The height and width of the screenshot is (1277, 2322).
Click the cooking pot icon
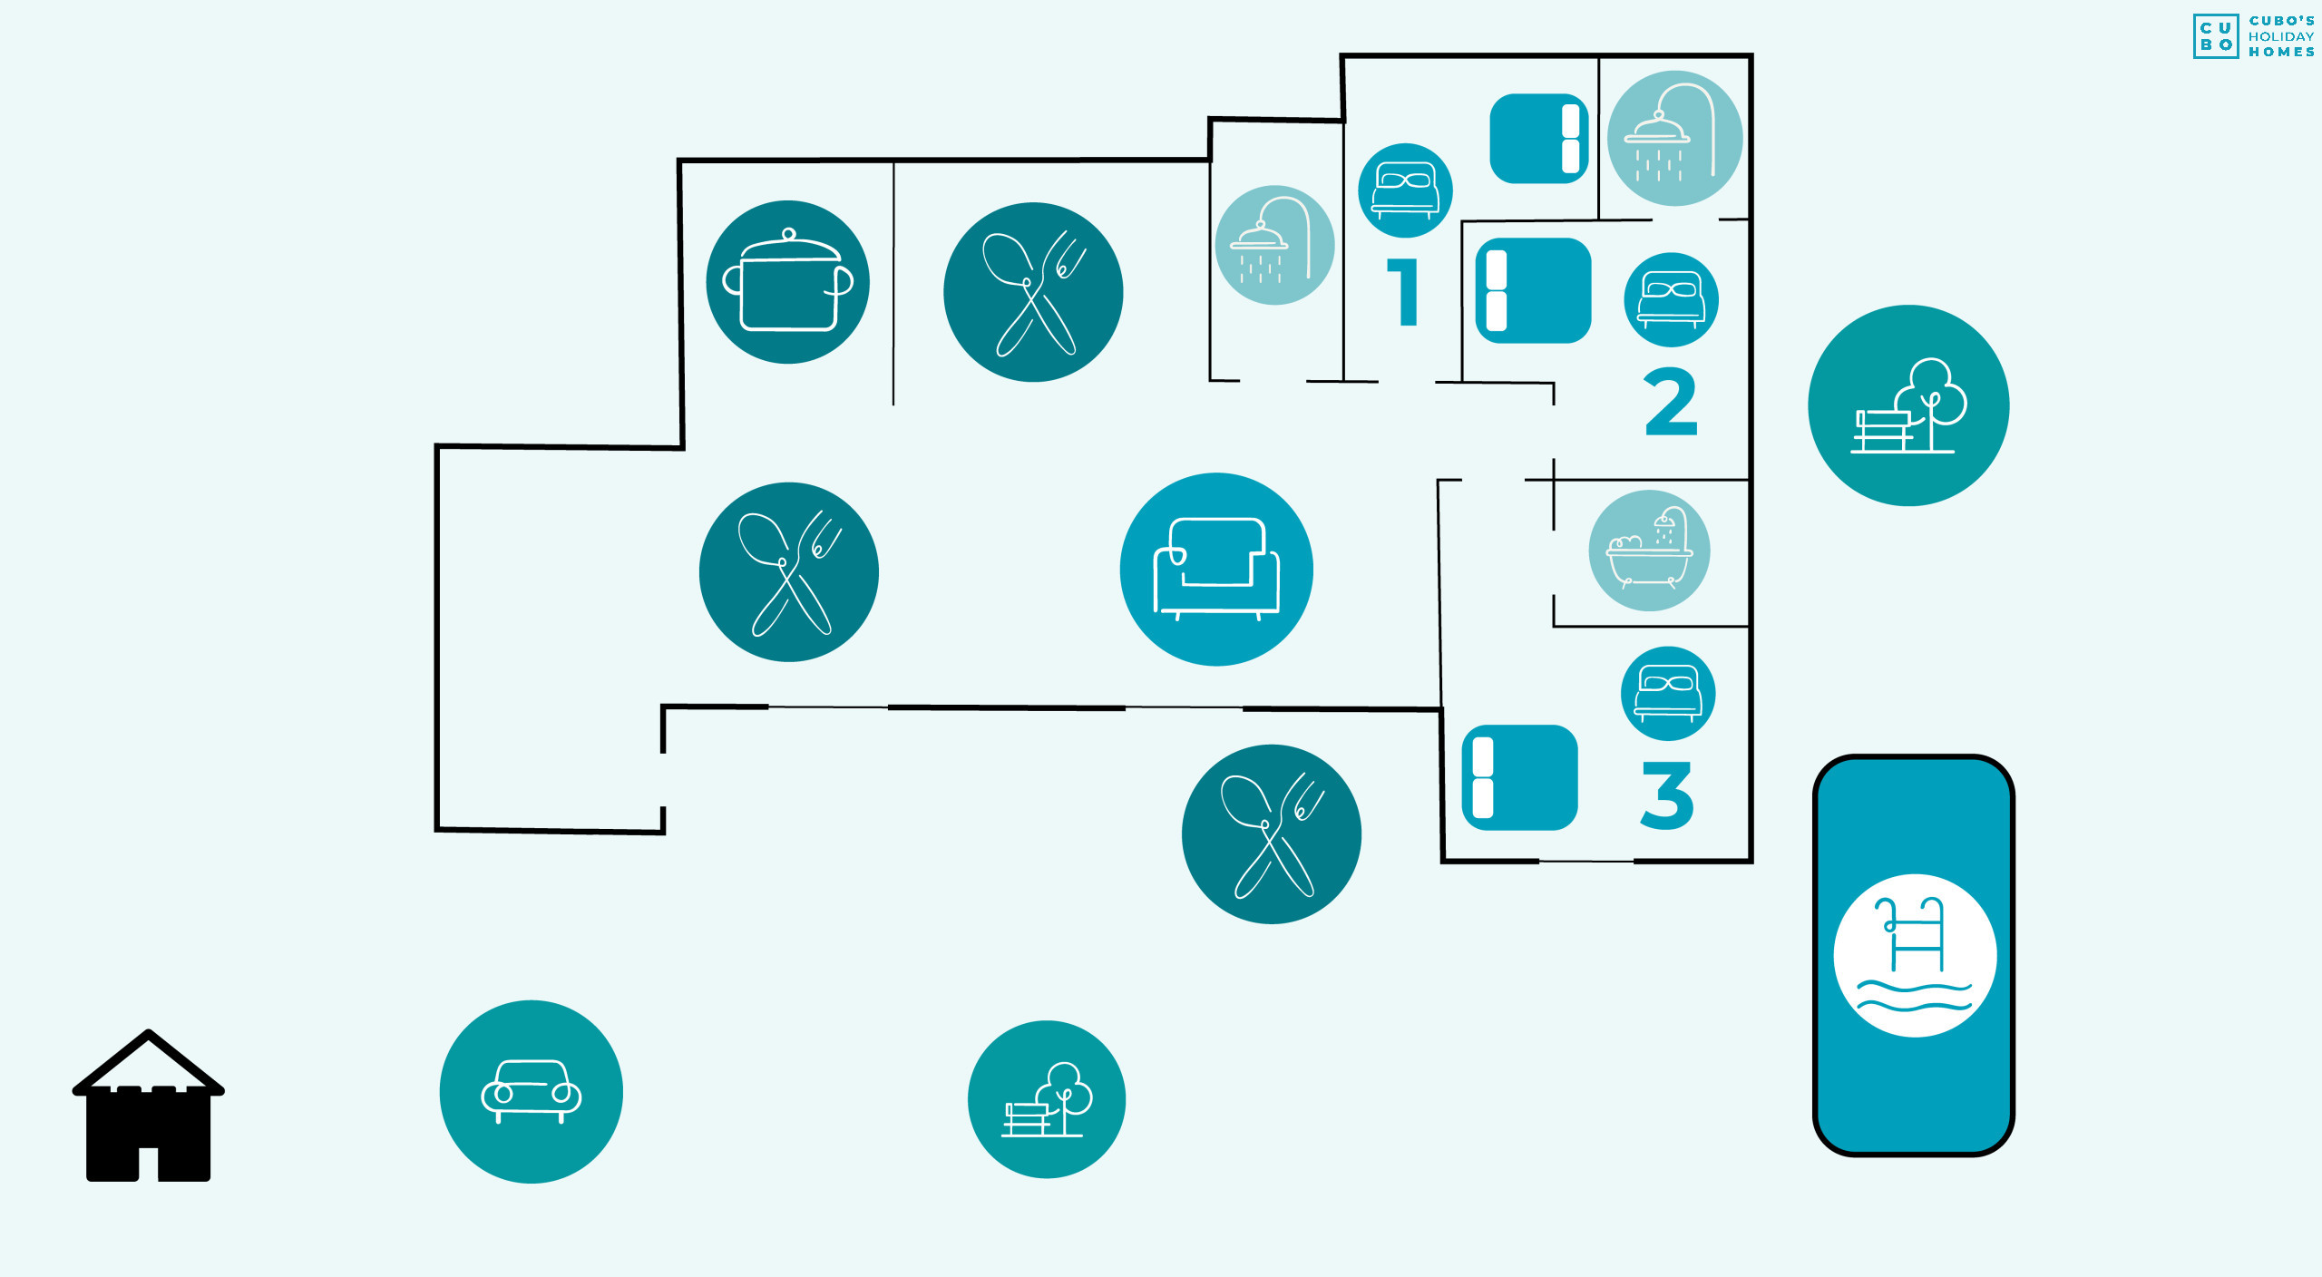click(787, 282)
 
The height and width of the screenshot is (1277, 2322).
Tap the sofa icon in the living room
click(1216, 569)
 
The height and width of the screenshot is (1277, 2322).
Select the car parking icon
click(532, 1091)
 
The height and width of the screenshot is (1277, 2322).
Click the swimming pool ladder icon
click(1915, 955)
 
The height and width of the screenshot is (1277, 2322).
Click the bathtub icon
click(1649, 551)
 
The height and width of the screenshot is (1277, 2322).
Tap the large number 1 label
click(1403, 292)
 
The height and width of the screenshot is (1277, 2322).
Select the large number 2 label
click(1670, 401)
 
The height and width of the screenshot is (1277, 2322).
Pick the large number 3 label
click(1667, 794)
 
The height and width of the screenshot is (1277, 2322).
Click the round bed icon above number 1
click(1405, 190)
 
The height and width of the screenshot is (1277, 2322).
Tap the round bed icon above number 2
click(1671, 299)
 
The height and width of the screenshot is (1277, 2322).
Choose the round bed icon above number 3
click(1667, 693)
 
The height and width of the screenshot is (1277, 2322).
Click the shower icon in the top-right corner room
click(1674, 138)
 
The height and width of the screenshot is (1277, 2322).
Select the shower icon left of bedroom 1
click(1274, 245)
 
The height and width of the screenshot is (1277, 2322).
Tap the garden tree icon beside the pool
click(1908, 405)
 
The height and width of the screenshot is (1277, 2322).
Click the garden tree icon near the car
click(1047, 1099)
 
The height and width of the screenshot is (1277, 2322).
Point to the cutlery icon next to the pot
click(1033, 292)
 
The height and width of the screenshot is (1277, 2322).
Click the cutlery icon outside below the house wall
click(1272, 834)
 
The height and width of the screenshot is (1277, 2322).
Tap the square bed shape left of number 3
click(1519, 777)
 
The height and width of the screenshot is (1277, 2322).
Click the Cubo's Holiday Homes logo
click(2253, 36)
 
